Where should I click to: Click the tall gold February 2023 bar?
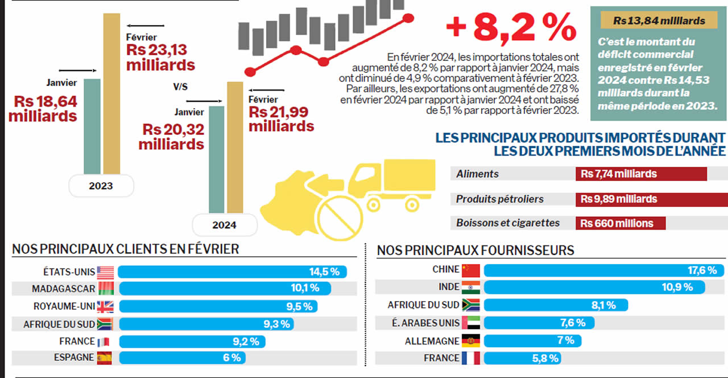tap(111, 94)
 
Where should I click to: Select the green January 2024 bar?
tap(216, 159)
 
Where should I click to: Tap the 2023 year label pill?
tap(101, 186)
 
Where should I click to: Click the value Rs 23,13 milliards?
tap(160, 57)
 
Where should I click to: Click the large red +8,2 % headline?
tap(510, 28)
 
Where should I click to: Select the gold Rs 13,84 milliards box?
tap(659, 21)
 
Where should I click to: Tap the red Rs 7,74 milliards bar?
tap(641, 174)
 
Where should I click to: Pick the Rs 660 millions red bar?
tap(621, 223)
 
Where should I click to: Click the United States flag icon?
tap(106, 272)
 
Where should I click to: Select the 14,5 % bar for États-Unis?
tap(233, 272)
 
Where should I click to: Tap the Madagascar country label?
tap(64, 289)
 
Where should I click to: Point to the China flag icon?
tap(471, 270)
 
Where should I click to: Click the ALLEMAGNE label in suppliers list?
tap(432, 340)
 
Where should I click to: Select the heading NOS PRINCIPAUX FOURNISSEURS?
tap(475, 250)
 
